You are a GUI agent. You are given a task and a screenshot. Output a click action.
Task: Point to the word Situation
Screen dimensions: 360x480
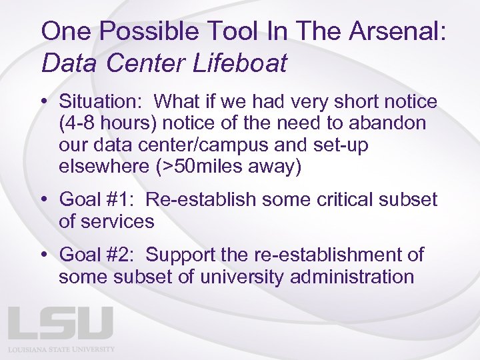point(103,102)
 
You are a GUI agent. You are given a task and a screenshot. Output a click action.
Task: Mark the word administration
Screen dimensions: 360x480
point(352,277)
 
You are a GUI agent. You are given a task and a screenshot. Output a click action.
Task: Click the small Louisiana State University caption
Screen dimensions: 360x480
point(61,349)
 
